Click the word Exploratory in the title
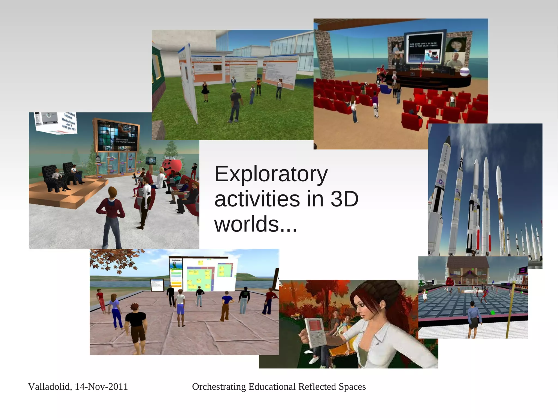coord(271,175)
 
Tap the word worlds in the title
coord(247,224)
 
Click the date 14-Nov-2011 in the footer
coord(101,387)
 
